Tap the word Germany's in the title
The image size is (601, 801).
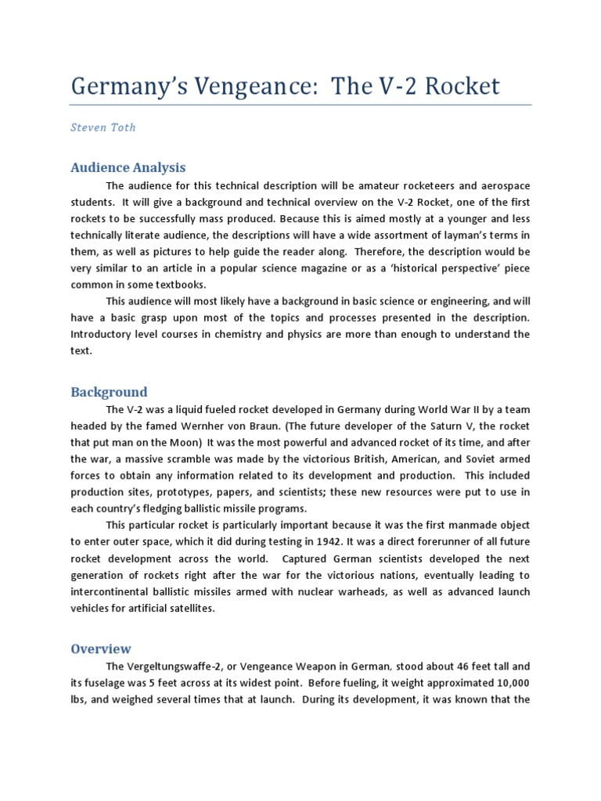coord(133,86)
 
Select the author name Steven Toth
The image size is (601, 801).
coord(103,128)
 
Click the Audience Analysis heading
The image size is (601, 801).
coord(128,167)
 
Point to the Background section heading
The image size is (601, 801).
coord(109,392)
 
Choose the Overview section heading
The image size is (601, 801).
coord(101,648)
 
